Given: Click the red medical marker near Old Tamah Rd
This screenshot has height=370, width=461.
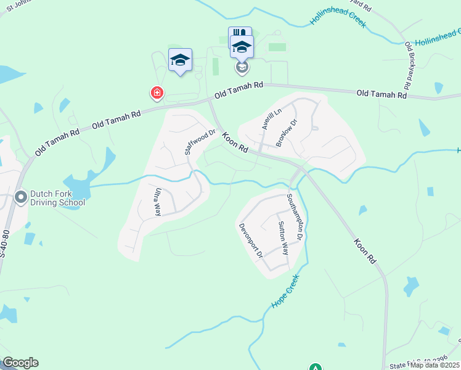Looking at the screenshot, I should pyautogui.click(x=157, y=93).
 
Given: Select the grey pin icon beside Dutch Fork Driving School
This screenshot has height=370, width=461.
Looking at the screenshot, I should pyautogui.click(x=21, y=197).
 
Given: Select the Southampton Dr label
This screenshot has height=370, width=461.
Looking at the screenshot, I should pyautogui.click(x=294, y=217).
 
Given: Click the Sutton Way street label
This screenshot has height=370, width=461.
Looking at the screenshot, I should pyautogui.click(x=283, y=238).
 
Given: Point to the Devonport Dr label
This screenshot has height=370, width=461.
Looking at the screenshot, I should pyautogui.click(x=251, y=240).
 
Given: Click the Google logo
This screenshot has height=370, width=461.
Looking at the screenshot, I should pyautogui.click(x=20, y=363).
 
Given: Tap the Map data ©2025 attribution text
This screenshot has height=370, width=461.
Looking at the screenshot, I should pyautogui.click(x=434, y=365).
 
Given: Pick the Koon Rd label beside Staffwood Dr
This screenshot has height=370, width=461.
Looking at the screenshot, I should pyautogui.click(x=235, y=142).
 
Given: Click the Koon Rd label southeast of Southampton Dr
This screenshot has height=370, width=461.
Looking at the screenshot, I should pyautogui.click(x=365, y=252).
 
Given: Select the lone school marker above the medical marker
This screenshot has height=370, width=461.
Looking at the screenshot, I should pyautogui.click(x=180, y=60).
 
